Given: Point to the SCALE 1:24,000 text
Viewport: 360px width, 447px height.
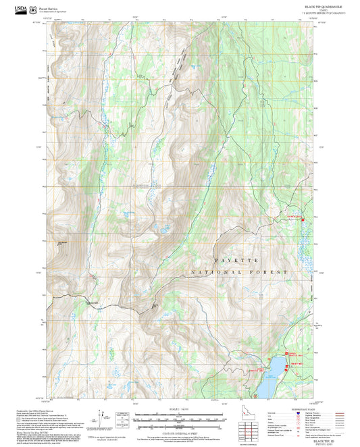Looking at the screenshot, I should click(170, 410).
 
